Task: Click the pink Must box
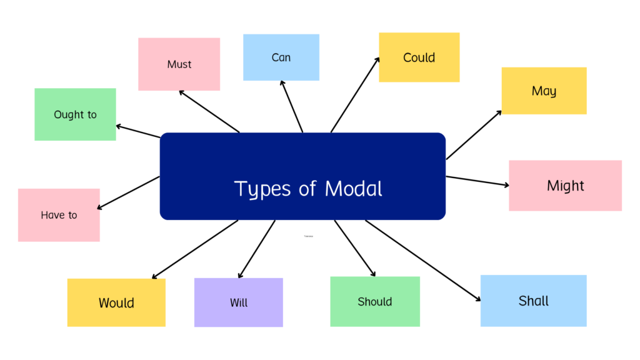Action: (179, 64)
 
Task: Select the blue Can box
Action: (281, 57)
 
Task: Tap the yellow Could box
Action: (419, 57)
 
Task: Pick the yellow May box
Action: (544, 91)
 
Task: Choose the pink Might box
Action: (565, 186)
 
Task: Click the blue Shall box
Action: (533, 301)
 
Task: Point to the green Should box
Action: (374, 301)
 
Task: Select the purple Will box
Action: (238, 302)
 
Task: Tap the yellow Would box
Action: (116, 302)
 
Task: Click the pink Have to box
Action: (59, 215)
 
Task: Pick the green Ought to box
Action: (75, 114)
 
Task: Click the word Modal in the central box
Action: (353, 188)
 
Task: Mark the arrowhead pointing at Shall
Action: (478, 300)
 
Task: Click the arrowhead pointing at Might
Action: (507, 185)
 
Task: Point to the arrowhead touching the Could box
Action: (377, 60)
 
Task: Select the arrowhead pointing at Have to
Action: (99, 207)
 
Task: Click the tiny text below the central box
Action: (309, 236)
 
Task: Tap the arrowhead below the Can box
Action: (282, 82)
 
